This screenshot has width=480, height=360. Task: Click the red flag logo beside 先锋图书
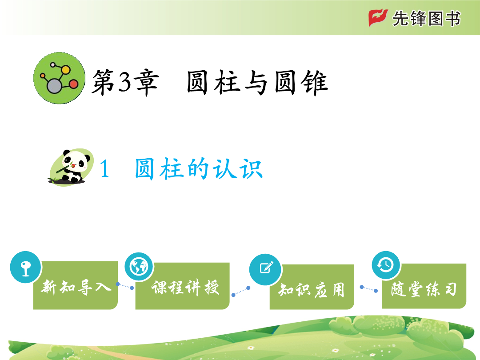point(378,18)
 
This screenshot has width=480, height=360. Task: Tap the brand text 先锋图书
point(426,18)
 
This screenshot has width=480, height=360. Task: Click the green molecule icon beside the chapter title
point(60,78)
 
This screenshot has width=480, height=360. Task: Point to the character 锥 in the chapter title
point(314,82)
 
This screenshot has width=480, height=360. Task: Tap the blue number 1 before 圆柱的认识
point(105,169)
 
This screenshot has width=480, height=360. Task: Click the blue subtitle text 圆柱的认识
point(199,168)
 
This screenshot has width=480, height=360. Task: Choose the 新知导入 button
point(75,285)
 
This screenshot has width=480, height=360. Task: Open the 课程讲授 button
point(183,286)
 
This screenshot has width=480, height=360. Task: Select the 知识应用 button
point(312,287)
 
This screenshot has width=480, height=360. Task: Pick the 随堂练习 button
point(424,286)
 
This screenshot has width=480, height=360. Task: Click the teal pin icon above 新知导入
point(25,267)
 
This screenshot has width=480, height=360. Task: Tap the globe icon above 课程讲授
point(139,267)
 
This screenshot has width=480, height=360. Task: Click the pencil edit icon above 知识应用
point(265,269)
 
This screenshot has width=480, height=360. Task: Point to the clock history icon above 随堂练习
point(386,265)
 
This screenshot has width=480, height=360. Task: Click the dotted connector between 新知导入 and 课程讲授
point(125,286)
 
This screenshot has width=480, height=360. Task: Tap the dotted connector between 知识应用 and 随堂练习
point(368,289)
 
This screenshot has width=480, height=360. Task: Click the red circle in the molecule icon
point(73,84)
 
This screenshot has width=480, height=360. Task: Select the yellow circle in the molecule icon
point(65,70)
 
